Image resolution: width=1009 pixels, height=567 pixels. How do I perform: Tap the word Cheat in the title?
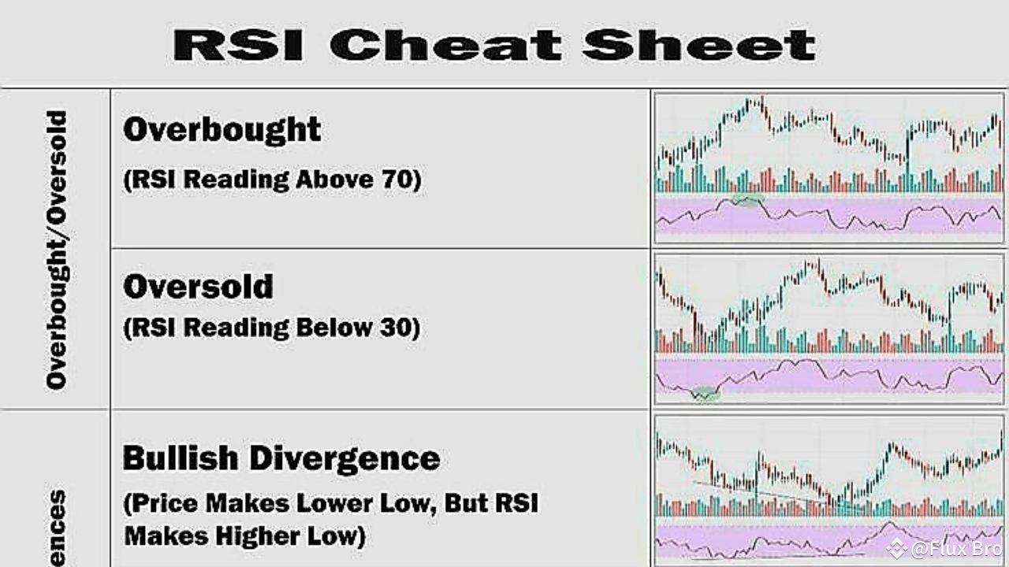445,45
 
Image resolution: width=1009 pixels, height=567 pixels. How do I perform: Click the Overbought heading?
222,130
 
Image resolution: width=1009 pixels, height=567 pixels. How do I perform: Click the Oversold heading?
198,287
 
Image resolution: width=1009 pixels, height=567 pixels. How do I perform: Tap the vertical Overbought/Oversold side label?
57,249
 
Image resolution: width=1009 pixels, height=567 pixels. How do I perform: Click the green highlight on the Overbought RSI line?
747,200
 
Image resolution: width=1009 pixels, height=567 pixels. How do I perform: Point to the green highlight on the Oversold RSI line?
706,392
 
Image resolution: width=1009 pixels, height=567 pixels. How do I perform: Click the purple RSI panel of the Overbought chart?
867,217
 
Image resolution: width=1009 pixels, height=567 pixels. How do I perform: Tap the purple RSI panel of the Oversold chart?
867,376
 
